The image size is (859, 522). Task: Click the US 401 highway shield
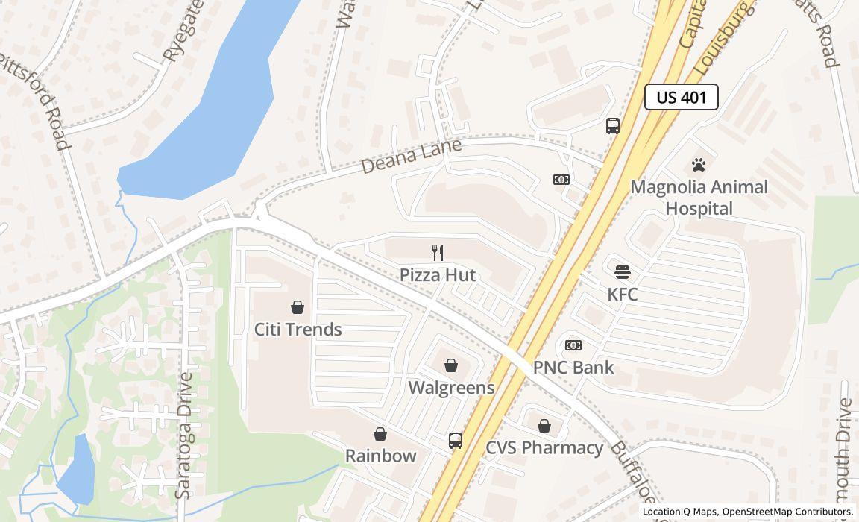coord(681,97)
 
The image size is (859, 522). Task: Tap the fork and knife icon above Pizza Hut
coord(438,253)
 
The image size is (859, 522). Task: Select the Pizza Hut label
coord(438,274)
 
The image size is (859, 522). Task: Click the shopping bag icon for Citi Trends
coord(298,307)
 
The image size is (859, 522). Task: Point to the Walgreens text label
coord(451,387)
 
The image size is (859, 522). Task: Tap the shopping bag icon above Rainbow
coord(380,434)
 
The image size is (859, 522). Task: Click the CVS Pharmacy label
coord(544,447)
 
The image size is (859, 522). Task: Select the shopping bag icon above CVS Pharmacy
coord(544,426)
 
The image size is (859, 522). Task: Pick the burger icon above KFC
coord(623,272)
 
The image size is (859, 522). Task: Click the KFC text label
coord(623,294)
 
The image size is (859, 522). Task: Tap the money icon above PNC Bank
coord(573,345)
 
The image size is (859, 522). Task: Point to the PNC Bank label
coord(573,367)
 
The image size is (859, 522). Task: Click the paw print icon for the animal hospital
coord(699,165)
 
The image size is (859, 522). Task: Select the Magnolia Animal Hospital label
coord(699,198)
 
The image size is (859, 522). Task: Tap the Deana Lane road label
coord(412,156)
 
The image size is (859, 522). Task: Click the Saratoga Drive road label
coord(183,435)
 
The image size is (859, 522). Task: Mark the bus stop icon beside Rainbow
coord(456,441)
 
